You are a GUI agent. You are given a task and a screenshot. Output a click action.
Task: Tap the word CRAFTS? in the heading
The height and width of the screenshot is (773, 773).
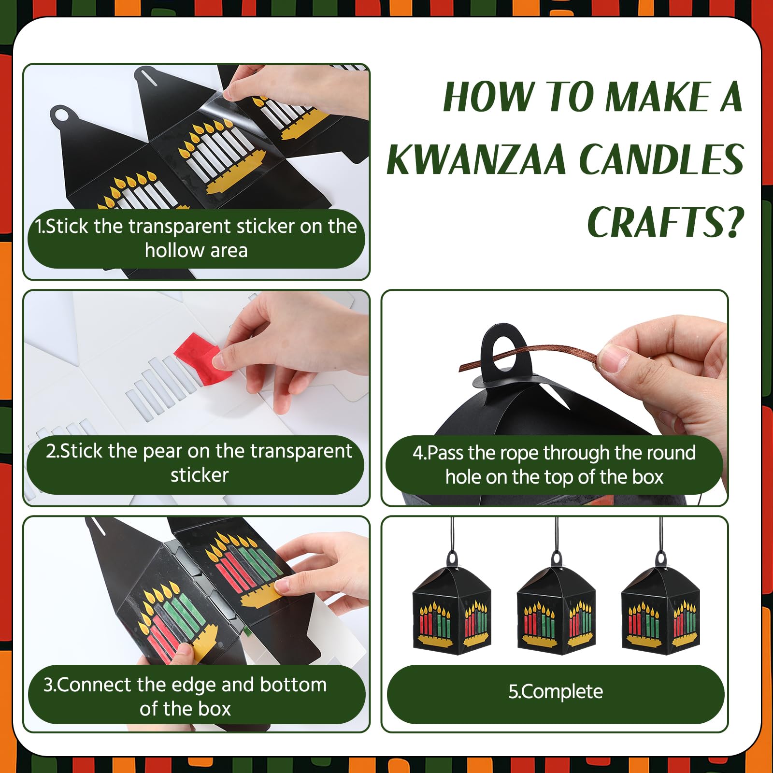665,222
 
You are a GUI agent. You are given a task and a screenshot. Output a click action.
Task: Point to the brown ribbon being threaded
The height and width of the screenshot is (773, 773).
531,358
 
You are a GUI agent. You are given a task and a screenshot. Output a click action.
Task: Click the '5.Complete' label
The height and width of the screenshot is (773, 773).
556,691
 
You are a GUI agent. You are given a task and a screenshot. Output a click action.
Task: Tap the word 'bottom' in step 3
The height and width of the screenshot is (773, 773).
293,685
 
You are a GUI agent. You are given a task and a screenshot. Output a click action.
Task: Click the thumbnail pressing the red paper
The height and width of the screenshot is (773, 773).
219,359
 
